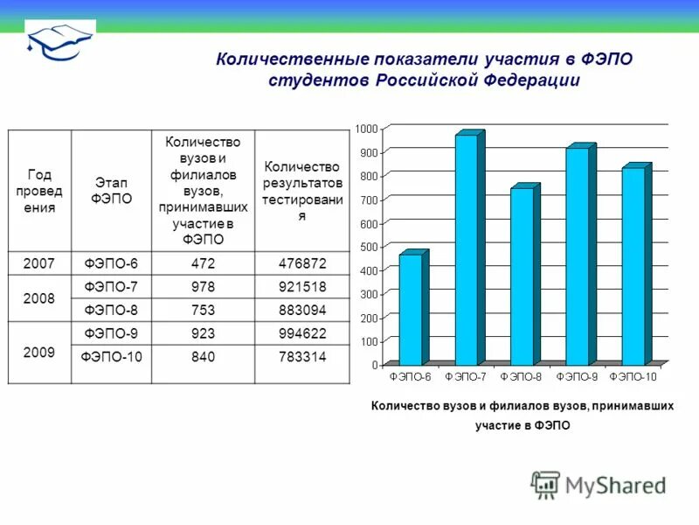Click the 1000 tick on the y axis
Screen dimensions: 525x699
pos(366,129)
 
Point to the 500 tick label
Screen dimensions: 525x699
pos(368,247)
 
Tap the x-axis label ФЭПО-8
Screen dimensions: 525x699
pos(522,376)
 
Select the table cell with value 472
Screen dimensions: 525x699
pos(203,263)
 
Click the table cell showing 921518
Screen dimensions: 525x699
pos(301,287)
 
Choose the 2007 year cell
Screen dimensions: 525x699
pos(40,263)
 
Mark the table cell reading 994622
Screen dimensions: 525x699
pos(301,333)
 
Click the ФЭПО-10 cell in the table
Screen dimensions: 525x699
pos(111,357)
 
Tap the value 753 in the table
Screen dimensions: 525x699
pos(203,310)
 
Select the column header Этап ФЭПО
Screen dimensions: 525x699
pos(111,191)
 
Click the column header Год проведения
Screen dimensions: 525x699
pos(40,191)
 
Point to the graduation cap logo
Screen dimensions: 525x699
pos(59,39)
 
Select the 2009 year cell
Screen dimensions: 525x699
pos(40,352)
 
